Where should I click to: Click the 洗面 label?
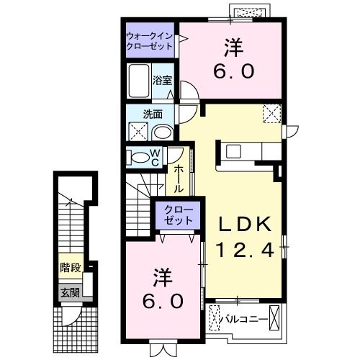click(x=151, y=114)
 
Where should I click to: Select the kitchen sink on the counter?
click(x=235, y=151)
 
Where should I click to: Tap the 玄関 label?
click(x=70, y=292)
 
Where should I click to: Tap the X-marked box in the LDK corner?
click(x=272, y=114)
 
